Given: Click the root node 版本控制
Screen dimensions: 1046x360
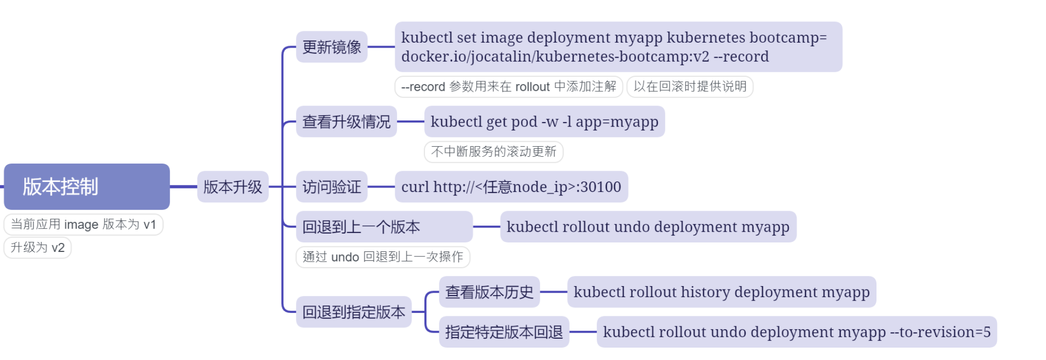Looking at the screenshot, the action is point(87,186).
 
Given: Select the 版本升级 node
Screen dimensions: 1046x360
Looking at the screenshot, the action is point(232,187).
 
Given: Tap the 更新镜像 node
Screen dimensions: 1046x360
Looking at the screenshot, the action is point(332,47).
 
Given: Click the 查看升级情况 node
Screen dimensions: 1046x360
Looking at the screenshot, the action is point(347,121).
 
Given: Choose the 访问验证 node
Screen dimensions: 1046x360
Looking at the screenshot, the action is point(332,187).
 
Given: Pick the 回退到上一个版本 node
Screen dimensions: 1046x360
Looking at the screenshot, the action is point(384,227).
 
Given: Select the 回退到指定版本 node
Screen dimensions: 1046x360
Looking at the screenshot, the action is point(353,312).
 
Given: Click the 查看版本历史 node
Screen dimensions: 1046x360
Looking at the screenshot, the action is point(489,292).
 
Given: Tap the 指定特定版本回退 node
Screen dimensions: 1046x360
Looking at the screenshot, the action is point(504,332).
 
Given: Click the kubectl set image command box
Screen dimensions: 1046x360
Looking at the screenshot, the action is point(618,47).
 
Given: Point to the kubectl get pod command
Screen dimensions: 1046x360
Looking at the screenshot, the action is point(544,121).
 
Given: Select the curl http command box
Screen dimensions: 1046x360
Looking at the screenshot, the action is point(511,187).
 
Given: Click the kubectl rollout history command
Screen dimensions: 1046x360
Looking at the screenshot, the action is point(721,292).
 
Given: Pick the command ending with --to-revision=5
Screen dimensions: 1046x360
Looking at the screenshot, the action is point(797,332).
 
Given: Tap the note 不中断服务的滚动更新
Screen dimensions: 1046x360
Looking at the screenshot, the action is point(494,152).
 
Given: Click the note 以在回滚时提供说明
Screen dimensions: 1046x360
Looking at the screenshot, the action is point(690,87).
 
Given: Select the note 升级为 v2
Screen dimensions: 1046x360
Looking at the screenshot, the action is point(38,247).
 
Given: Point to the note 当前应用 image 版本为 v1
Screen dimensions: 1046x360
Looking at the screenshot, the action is point(83,225).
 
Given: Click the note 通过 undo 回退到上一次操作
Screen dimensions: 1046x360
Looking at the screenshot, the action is point(383,257).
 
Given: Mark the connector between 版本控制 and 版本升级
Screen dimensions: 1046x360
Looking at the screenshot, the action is point(183,187).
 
